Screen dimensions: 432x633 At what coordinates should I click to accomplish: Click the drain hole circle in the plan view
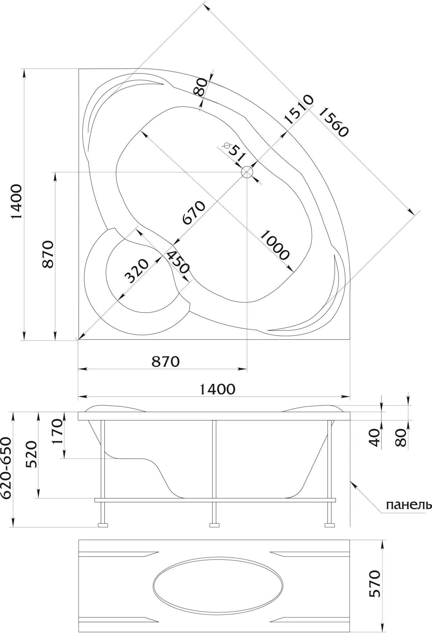click(x=247, y=172)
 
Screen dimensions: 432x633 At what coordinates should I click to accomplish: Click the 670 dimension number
click(x=193, y=213)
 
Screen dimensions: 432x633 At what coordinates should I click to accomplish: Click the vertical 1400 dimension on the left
click(x=17, y=201)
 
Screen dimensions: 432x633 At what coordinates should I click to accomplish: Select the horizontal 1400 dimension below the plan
click(x=217, y=389)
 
